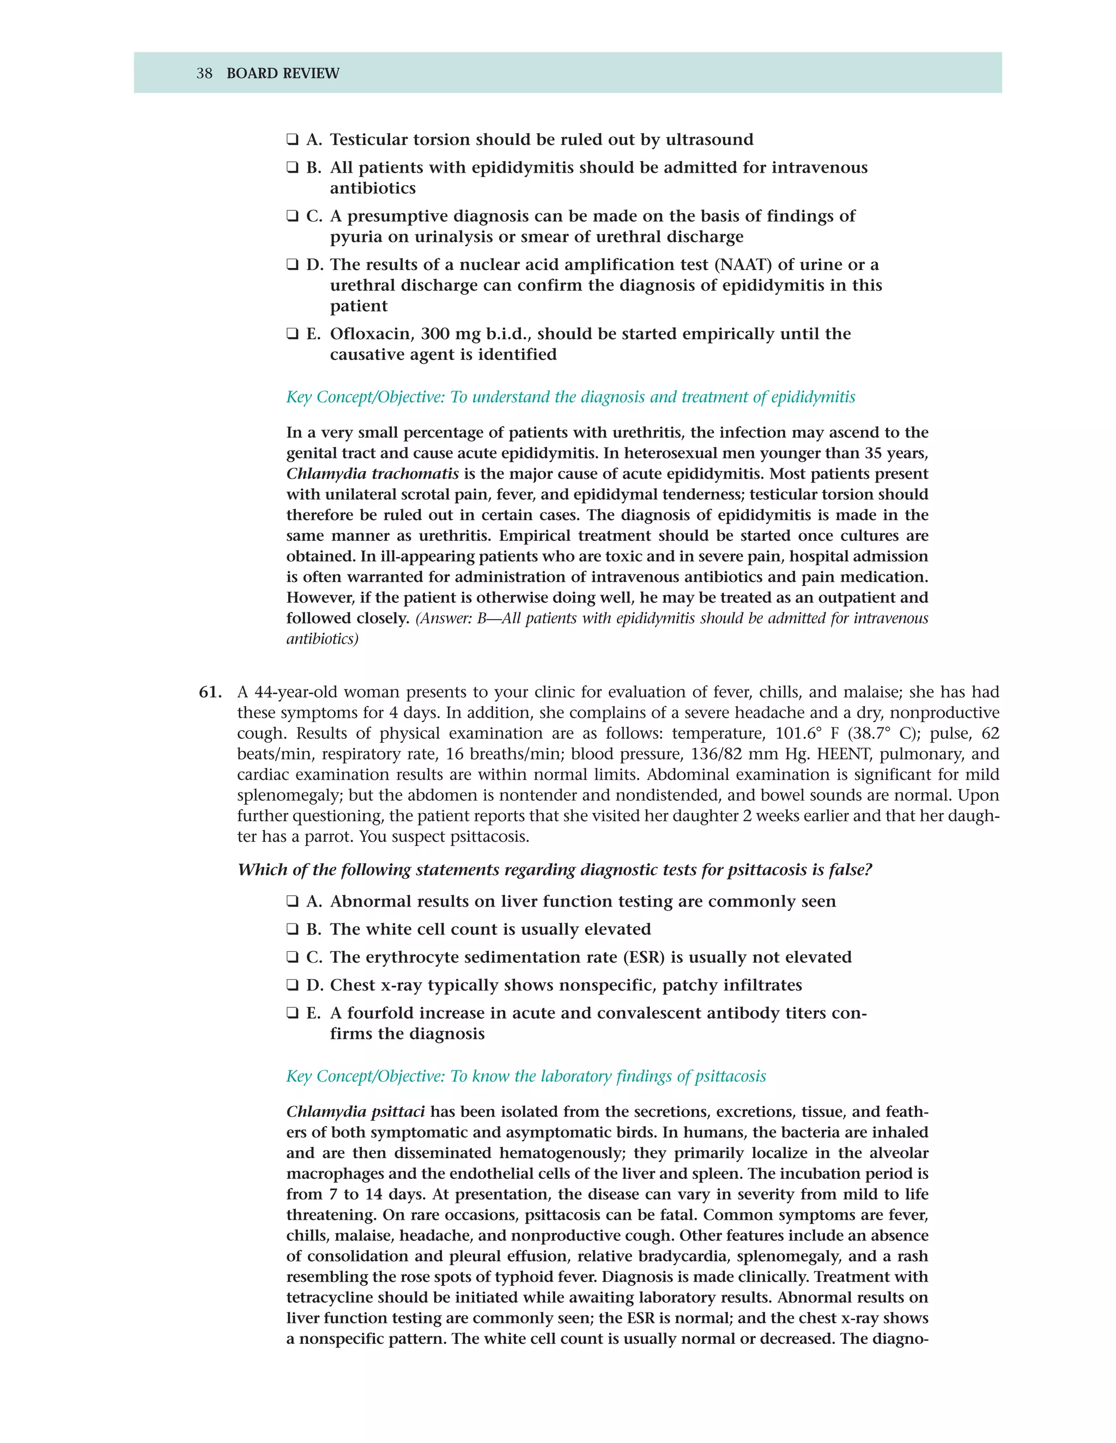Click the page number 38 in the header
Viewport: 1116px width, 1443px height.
pos(204,74)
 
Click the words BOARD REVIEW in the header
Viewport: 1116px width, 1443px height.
pos(282,74)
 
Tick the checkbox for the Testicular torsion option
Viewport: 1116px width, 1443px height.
pos(292,140)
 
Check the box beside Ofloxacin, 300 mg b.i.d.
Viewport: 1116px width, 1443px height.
pos(292,334)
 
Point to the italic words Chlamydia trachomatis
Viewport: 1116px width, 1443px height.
pos(372,474)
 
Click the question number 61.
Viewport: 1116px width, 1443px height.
pos(210,693)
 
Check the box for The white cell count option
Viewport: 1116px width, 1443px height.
pos(292,930)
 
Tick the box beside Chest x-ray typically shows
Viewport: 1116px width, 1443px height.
pos(292,986)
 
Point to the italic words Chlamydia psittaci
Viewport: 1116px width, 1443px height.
pos(356,1112)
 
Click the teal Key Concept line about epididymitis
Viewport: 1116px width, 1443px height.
pos(570,397)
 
